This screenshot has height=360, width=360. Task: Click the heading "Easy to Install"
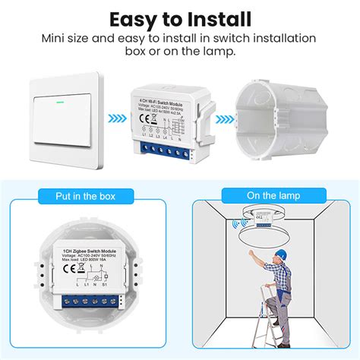(x=179, y=18)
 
